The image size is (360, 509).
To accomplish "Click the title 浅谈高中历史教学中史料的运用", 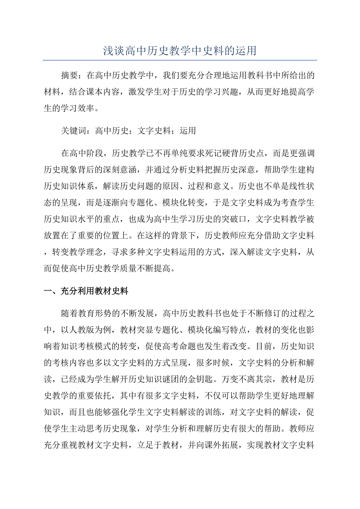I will [x=180, y=50].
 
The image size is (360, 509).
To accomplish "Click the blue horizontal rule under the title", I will [x=180, y=60].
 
